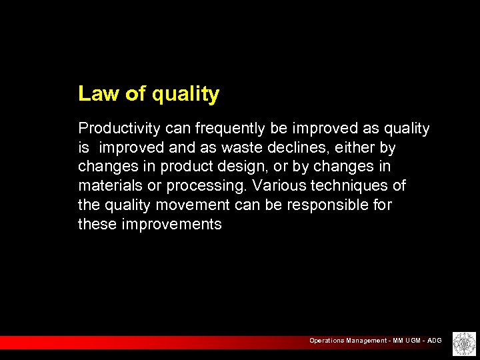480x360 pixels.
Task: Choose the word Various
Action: pos(277,185)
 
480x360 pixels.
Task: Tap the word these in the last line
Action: pos(97,224)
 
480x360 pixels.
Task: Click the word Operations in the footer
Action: pos(326,341)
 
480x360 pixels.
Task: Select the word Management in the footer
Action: pos(365,341)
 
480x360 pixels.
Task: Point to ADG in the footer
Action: pos(434,341)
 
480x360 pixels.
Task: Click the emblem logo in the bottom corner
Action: pos(463,343)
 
